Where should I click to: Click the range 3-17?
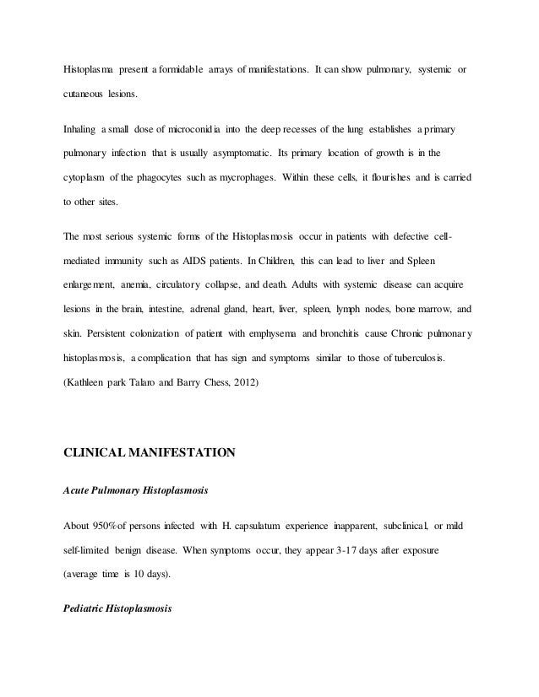[x=346, y=547]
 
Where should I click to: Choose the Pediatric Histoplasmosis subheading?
[x=118, y=607]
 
